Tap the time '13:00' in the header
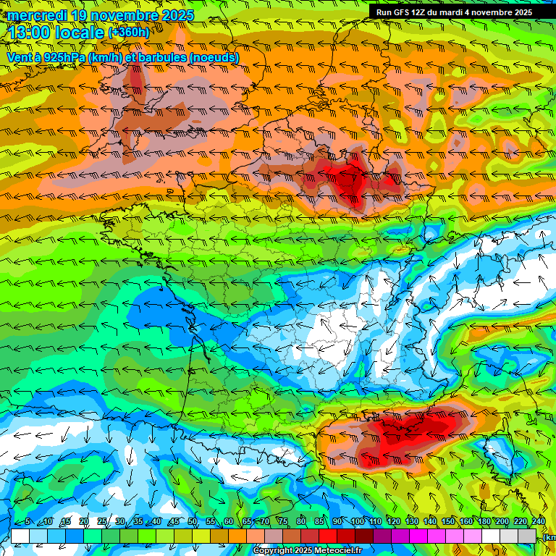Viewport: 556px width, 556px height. [x=28, y=32]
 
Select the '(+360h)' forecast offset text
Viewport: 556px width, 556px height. [x=129, y=32]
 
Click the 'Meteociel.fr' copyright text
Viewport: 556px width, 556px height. [x=333, y=551]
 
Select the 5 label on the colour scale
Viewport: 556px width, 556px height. [x=27, y=522]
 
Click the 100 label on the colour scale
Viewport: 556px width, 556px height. [x=357, y=522]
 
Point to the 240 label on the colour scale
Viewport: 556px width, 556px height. [x=538, y=522]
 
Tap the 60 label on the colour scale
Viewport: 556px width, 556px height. [x=229, y=522]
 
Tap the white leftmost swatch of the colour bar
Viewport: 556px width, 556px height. [x=20, y=536]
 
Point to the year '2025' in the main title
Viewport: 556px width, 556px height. [x=174, y=14]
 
